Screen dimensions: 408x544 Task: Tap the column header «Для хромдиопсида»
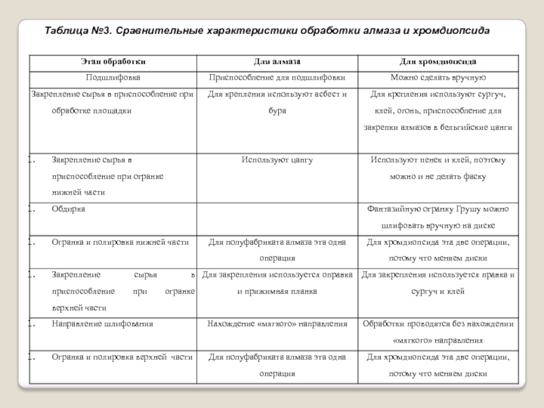click(437, 62)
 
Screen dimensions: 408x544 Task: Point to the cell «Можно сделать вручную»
click(437, 78)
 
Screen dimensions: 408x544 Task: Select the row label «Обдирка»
click(69, 209)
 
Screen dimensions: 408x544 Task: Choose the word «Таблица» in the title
click(67, 31)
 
